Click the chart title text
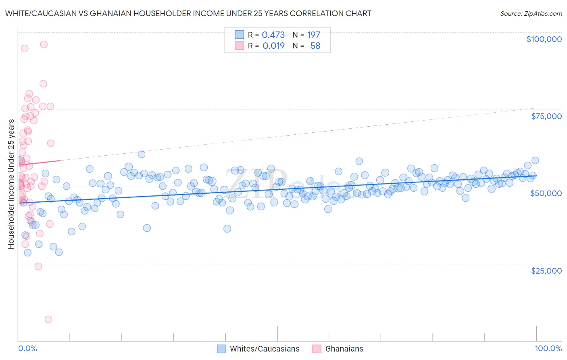coord(188,13)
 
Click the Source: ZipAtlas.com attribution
coord(531,13)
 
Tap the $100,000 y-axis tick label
coord(544,39)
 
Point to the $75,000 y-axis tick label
coord(546,116)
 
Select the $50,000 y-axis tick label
coord(546,193)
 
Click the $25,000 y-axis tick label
coord(546,271)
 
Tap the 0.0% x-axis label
coord(27,349)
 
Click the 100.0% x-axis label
coord(548,349)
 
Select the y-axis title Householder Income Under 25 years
coord(11,184)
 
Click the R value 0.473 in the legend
coord(273,35)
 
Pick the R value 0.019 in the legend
coord(273,46)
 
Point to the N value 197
coord(313,35)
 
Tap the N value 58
coord(315,46)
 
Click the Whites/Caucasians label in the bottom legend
coord(265,349)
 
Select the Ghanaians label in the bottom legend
coord(344,349)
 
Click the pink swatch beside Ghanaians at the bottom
coord(317,349)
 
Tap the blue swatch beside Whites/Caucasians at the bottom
coord(221,349)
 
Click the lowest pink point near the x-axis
coord(48,319)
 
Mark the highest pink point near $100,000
coord(44,44)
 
